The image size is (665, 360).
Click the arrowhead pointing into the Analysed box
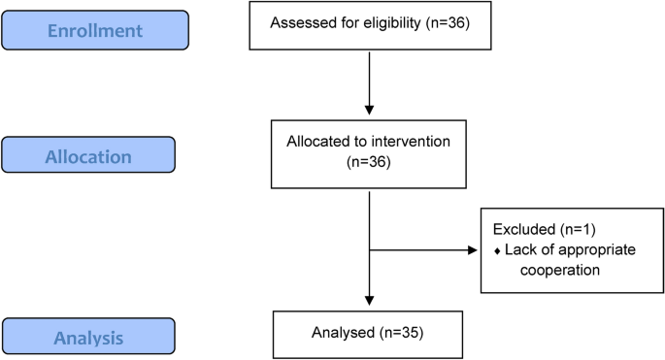(x=369, y=300)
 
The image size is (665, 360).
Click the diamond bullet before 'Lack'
(x=498, y=252)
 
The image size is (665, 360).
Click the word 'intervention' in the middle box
(x=411, y=141)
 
